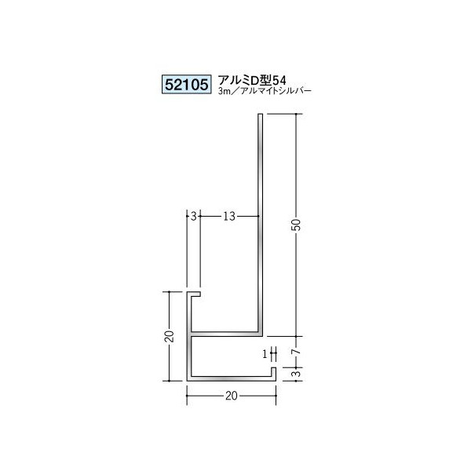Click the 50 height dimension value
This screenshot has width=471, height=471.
coord(295,225)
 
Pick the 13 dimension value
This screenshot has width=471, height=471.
coord(228,214)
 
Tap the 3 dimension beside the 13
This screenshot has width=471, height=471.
coord(193,214)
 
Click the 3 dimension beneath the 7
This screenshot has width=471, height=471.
coord(295,373)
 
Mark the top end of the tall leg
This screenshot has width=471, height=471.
coord(259,118)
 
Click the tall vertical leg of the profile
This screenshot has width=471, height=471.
coord(259,220)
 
